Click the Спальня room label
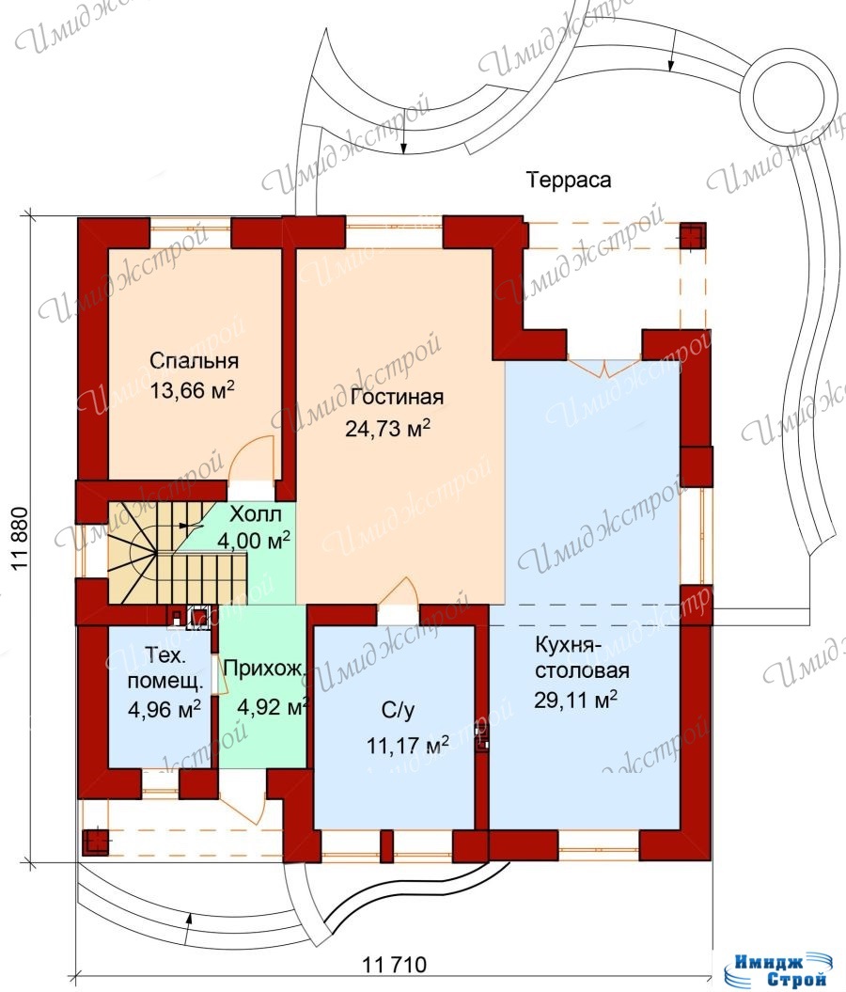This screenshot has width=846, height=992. pyautogui.click(x=195, y=361)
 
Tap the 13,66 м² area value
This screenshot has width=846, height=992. pyautogui.click(x=192, y=389)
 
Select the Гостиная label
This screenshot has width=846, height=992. pyautogui.click(x=397, y=397)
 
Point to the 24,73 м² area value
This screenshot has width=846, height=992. pyautogui.click(x=387, y=429)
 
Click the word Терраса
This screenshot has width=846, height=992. pyautogui.click(x=569, y=181)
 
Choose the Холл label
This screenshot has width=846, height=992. pyautogui.click(x=256, y=513)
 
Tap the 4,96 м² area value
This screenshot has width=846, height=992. pyautogui.click(x=164, y=709)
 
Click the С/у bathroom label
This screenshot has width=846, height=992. pyautogui.click(x=399, y=711)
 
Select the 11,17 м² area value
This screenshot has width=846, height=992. pyautogui.click(x=408, y=745)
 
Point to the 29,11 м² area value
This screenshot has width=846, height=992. pyautogui.click(x=575, y=700)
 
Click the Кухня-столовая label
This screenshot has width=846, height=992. pyautogui.click(x=583, y=658)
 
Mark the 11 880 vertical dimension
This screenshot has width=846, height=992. pyautogui.click(x=21, y=539)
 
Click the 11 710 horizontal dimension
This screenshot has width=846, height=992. pyautogui.click(x=395, y=965)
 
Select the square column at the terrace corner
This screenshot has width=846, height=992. pyautogui.click(x=693, y=236)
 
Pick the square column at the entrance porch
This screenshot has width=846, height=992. pyautogui.click(x=96, y=842)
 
